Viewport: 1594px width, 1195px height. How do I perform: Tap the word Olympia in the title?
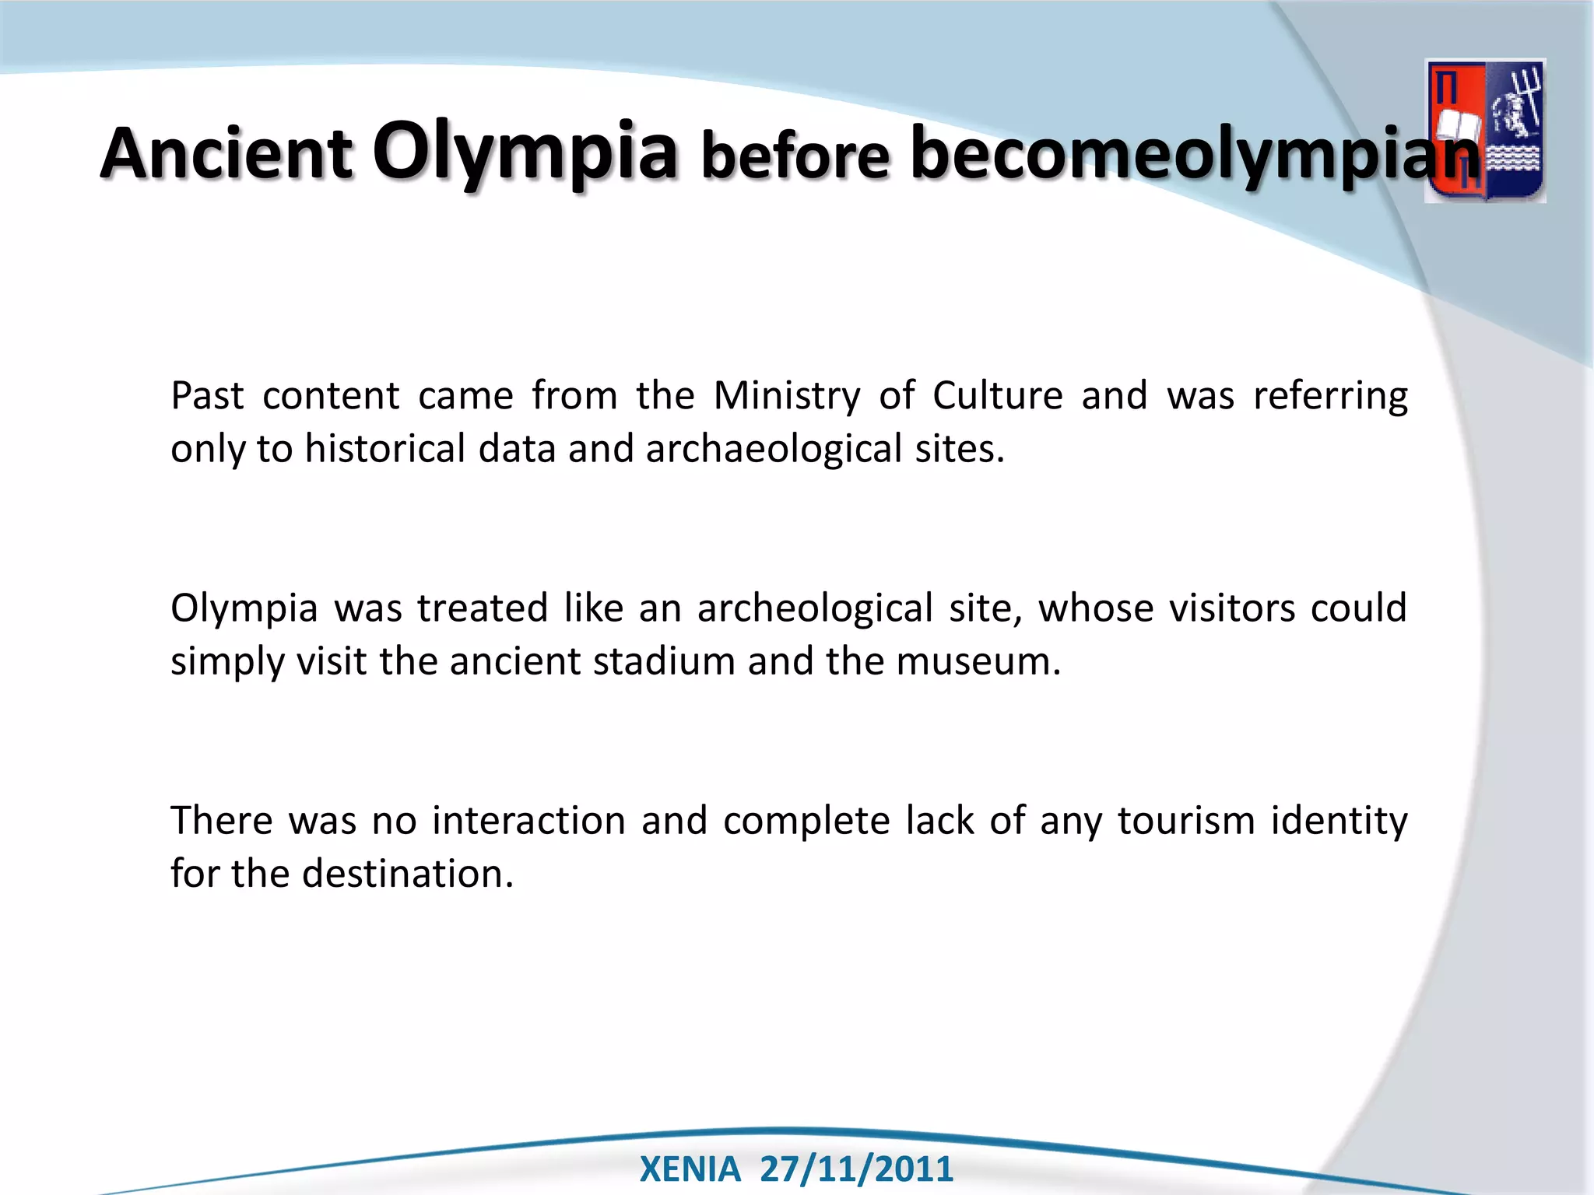point(525,151)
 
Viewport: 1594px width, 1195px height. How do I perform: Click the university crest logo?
point(1484,131)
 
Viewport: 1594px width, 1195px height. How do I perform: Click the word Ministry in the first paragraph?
point(787,395)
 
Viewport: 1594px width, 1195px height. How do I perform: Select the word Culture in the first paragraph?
point(997,395)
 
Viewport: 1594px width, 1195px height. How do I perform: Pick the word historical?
point(384,449)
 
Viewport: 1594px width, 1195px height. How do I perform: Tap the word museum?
point(978,661)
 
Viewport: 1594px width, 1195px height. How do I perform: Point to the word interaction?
point(528,821)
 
